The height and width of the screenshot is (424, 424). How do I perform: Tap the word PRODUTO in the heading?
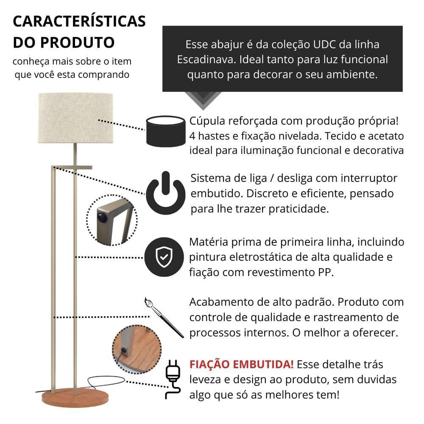(78, 42)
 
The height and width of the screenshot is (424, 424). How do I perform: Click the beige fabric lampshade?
(75, 118)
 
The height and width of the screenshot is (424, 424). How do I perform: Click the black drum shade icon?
(166, 131)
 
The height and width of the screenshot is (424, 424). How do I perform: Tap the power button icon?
(165, 193)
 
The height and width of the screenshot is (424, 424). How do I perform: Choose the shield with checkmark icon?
(164, 257)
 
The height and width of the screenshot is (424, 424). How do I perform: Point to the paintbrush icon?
(164, 318)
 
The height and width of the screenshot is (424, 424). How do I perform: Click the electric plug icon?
(173, 379)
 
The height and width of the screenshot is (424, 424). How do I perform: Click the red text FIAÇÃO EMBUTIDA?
(242, 364)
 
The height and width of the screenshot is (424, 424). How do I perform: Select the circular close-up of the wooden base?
(137, 349)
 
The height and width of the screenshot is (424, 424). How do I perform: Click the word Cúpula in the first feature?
(207, 121)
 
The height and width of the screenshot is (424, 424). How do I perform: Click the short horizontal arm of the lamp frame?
(72, 167)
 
